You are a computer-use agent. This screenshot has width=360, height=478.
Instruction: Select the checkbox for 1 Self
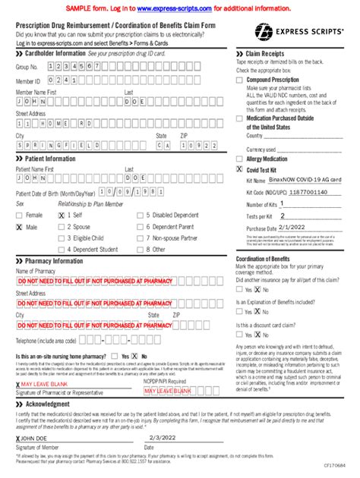click(62, 215)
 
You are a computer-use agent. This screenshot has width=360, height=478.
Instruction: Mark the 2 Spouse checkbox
click(62, 227)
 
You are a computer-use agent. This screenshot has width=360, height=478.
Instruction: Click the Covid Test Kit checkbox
click(240, 171)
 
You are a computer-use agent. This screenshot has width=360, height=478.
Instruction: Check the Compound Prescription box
click(240, 79)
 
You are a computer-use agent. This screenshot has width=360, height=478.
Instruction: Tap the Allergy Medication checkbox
click(240, 159)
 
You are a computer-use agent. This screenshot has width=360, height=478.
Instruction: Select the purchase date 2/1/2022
click(292, 227)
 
